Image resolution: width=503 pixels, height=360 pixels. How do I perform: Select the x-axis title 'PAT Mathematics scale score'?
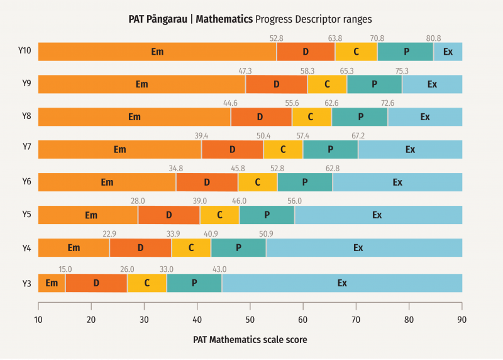click(x=250, y=340)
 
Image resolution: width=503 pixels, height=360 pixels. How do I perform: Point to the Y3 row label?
click(x=26, y=283)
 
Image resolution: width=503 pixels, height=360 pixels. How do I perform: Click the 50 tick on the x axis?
click(x=250, y=320)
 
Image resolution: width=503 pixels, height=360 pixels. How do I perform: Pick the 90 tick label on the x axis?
click(x=462, y=320)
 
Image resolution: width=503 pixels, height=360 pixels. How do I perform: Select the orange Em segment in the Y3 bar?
click(x=52, y=283)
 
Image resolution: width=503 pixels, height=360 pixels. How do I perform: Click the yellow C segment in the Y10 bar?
click(x=356, y=52)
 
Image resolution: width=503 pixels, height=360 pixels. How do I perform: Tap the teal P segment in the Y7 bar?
click(x=330, y=150)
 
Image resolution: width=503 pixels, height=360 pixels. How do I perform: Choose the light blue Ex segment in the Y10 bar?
click(x=448, y=52)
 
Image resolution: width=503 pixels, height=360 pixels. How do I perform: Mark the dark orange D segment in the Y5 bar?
click(x=169, y=215)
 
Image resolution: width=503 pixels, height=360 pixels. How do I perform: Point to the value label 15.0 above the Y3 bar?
click(x=65, y=269)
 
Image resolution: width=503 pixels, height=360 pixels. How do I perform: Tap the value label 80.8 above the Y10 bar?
click(x=433, y=38)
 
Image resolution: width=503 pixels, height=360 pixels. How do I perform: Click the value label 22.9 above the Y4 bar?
click(x=109, y=234)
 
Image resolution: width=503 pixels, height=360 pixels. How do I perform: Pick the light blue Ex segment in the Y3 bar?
click(x=342, y=283)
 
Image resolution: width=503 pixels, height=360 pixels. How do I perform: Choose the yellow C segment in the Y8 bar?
click(x=311, y=117)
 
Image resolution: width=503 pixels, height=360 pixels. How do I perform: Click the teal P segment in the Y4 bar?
click(x=238, y=248)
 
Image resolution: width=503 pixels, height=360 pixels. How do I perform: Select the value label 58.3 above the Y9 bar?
click(x=307, y=71)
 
